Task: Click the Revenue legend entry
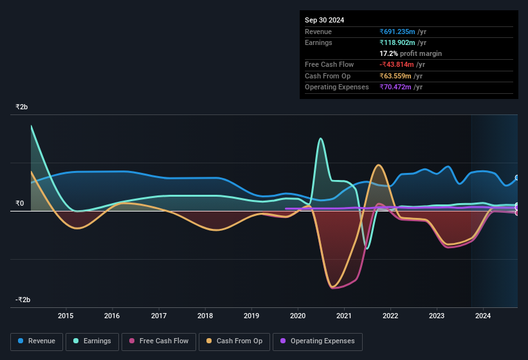[37, 341]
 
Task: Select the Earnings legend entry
[91, 341]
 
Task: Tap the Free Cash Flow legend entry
[158, 341]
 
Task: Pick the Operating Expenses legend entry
[317, 341]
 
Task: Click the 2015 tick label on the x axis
[66, 316]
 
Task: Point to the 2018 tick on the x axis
[205, 316]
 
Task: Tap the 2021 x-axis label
[344, 316]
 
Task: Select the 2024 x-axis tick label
[483, 316]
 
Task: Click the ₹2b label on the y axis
[22, 107]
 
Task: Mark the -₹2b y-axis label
[23, 300]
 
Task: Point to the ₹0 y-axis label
[19, 204]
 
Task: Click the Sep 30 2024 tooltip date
[325, 20]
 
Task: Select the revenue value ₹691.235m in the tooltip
[397, 32]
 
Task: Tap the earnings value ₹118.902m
[397, 42]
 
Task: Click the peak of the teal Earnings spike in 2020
[320, 138]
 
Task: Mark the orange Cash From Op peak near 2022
[379, 165]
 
